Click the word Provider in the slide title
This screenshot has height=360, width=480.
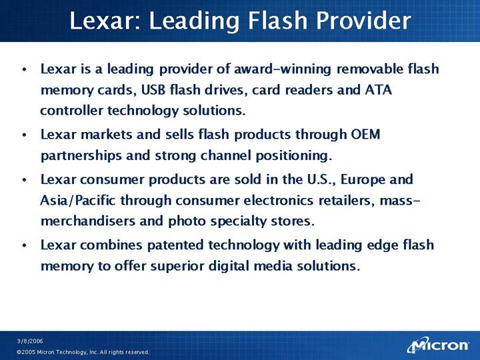coord(363,21)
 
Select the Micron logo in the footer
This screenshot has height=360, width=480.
coord(438,345)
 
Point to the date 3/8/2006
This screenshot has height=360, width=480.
coord(30,341)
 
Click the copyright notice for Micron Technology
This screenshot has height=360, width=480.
coord(83,352)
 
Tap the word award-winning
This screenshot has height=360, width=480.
coord(283,69)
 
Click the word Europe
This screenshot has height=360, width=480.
coord(363,180)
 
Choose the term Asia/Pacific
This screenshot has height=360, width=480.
coord(78,201)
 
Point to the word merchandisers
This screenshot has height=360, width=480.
coord(87,221)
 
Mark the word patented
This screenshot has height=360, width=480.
coord(175,245)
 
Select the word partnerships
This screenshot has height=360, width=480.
coord(81,156)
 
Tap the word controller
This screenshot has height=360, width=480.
coord(71,110)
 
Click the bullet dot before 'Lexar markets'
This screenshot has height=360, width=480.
coord(25,135)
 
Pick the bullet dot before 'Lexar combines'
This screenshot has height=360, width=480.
coord(25,245)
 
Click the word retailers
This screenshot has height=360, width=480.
coord(347,201)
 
